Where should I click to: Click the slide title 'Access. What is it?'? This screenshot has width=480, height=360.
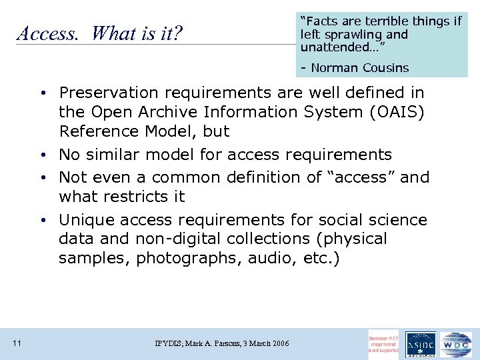pyautogui.click(x=100, y=33)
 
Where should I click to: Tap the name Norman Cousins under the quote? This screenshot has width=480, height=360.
pyautogui.click(x=360, y=67)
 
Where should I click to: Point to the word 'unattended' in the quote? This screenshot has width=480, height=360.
pyautogui.click(x=339, y=47)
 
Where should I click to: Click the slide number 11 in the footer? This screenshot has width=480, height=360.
pyautogui.click(x=17, y=343)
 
